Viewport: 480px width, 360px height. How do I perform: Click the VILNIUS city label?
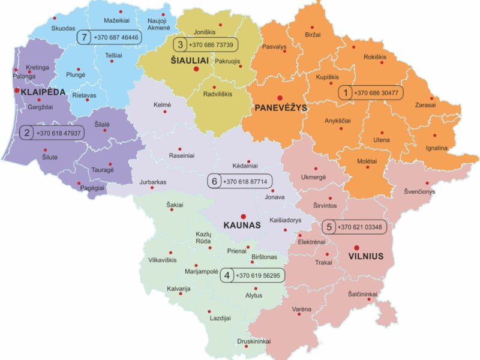(365, 257)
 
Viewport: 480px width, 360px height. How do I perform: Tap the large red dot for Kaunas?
(243, 217)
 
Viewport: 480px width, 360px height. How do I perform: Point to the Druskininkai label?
(253, 341)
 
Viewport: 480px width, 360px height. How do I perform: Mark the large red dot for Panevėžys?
(279, 97)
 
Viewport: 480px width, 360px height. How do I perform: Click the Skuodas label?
(63, 28)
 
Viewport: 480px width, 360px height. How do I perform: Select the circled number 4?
(227, 275)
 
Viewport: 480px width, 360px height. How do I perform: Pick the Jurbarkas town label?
(152, 182)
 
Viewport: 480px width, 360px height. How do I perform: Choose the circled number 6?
(214, 181)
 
